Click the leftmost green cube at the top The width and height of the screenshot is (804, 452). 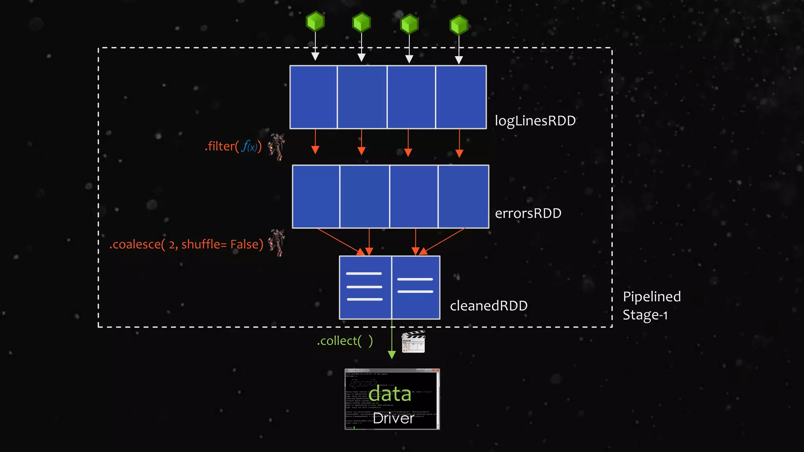click(x=315, y=22)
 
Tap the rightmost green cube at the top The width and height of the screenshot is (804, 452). click(x=459, y=25)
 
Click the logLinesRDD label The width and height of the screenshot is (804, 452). click(x=535, y=121)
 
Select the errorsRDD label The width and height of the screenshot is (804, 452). click(x=528, y=213)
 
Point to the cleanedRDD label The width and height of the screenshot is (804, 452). click(x=488, y=306)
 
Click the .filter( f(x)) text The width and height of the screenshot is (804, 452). click(x=233, y=146)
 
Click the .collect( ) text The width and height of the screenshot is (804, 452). click(x=345, y=341)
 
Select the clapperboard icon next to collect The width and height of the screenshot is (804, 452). click(x=413, y=342)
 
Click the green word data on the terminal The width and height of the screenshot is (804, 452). click(x=390, y=394)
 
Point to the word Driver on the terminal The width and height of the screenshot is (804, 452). click(x=393, y=418)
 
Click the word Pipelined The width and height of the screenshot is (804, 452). click(x=652, y=297)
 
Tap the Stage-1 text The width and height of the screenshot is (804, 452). click(x=645, y=315)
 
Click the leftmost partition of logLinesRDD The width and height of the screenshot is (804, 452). click(x=313, y=97)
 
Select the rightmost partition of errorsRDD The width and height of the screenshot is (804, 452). click(x=463, y=196)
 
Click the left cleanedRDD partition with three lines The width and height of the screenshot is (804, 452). click(x=365, y=287)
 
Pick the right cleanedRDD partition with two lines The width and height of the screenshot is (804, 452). click(x=415, y=287)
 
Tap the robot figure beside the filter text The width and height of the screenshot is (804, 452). click(x=277, y=146)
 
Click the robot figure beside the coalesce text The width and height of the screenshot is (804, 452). click(x=277, y=243)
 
